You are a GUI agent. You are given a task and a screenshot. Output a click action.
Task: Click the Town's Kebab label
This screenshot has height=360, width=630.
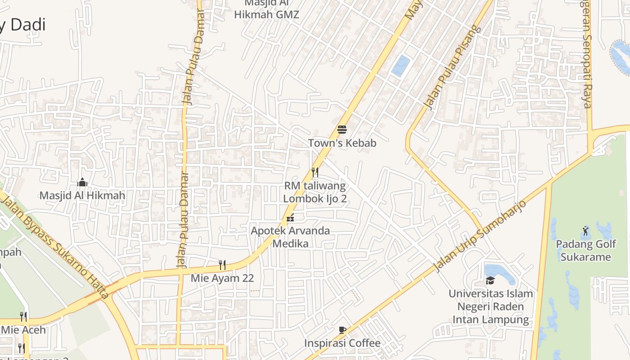(342, 143)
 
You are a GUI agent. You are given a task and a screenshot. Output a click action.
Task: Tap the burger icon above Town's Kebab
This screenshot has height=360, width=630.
(342, 130)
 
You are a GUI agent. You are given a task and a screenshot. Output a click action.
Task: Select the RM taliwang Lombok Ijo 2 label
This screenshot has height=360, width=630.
(315, 192)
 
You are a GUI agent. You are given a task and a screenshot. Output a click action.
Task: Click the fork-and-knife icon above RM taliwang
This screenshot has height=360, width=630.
(315, 172)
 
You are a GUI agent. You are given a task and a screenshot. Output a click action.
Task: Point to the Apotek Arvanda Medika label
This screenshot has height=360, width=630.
(290, 237)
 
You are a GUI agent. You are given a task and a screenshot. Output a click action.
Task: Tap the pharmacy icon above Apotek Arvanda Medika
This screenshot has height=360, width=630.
(290, 218)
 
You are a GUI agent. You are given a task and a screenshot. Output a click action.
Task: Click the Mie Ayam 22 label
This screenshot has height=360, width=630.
(222, 278)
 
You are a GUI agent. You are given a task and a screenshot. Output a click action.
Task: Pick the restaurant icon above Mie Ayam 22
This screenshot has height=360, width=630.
(222, 265)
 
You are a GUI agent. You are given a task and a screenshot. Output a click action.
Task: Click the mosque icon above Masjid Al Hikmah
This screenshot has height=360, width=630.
(82, 182)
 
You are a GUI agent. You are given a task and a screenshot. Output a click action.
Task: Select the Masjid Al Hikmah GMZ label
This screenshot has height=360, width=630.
(266, 9)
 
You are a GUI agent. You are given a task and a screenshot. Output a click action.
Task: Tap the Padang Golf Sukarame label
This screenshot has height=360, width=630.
(585, 251)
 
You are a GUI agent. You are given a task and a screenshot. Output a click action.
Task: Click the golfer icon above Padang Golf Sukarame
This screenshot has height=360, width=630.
(585, 231)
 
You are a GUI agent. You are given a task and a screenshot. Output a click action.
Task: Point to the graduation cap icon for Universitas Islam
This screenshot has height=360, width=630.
(490, 280)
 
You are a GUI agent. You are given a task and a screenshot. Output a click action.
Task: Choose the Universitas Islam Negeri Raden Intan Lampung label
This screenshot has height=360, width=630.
(490, 306)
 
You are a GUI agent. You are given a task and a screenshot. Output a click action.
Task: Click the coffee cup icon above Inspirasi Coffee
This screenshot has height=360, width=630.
(342, 330)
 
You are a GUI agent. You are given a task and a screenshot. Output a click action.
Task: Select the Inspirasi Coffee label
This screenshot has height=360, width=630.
(342, 343)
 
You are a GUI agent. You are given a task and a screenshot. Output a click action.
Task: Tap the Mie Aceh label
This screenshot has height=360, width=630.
(23, 330)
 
